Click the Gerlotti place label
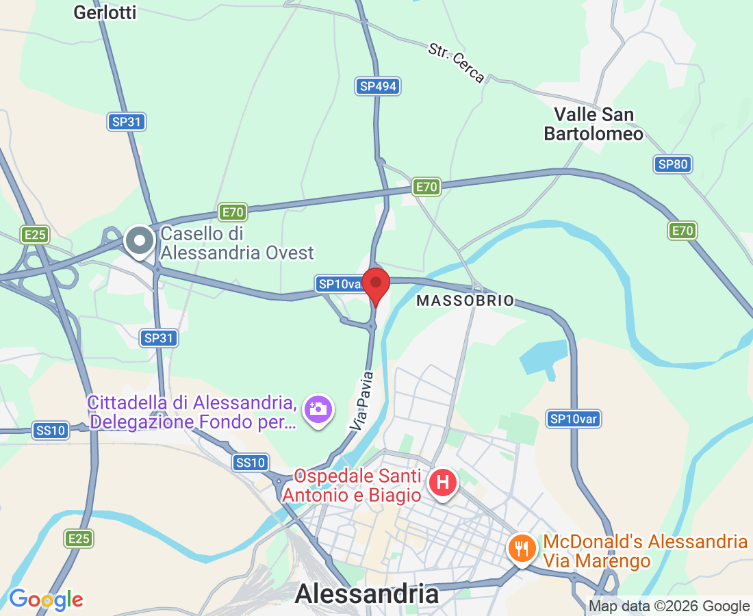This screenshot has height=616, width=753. [x=105, y=12]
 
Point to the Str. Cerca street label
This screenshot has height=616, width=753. [x=457, y=62]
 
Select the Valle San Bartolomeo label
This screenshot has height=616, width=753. [x=594, y=124]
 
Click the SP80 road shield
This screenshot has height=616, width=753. [x=672, y=164]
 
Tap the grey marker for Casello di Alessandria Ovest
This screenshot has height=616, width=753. [x=141, y=242]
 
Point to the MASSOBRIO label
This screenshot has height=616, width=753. [x=465, y=301]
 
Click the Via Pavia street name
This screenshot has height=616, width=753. [x=362, y=400]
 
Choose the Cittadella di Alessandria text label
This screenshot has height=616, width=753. [x=192, y=412]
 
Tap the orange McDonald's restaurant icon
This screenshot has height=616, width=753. [x=522, y=548]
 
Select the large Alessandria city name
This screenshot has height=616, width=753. [x=367, y=593]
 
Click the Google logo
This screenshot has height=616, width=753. [x=46, y=600]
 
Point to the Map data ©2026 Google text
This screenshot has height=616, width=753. [x=669, y=606]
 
